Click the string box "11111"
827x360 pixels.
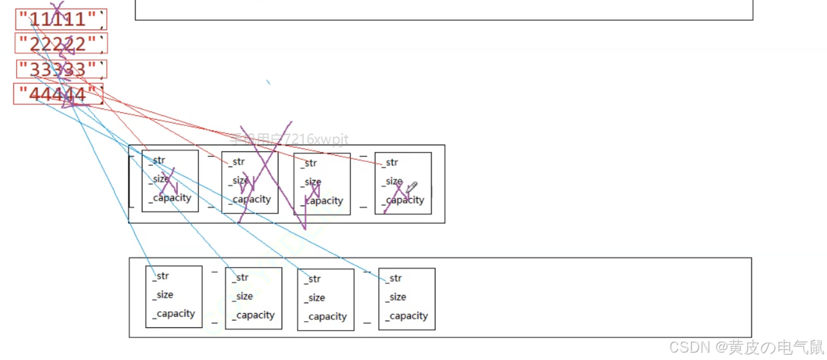pos(60,19)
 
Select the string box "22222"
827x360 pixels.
pos(60,43)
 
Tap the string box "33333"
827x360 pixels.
pos(60,69)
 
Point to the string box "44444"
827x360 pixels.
pos(59,94)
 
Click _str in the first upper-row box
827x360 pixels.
pos(157,160)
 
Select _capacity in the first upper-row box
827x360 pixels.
pos(171,197)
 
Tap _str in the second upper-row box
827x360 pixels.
pos(237,161)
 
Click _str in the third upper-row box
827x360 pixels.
pos(308,163)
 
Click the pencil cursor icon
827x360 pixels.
pos(411,187)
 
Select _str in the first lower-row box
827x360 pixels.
pos(161,276)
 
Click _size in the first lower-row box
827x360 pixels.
pos(163,294)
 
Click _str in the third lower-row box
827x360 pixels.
pos(312,279)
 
